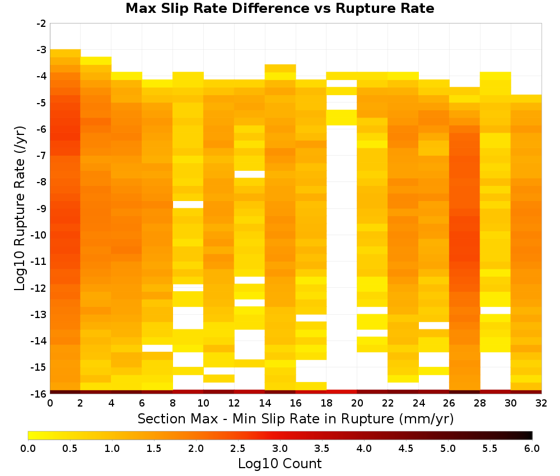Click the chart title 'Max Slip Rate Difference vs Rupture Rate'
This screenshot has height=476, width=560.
(279, 8)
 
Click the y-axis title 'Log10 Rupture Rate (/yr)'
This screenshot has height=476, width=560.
(20, 208)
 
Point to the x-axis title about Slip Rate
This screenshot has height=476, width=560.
(296, 418)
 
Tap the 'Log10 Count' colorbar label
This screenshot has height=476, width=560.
(279, 464)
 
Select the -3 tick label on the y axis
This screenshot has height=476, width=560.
(41, 50)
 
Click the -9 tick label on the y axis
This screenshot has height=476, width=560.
(41, 208)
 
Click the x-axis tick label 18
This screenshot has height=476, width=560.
(326, 403)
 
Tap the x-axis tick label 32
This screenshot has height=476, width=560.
(542, 403)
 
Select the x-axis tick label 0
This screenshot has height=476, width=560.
(50, 403)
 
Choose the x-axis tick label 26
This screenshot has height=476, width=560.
(449, 403)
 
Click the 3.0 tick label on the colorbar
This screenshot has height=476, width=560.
(280, 448)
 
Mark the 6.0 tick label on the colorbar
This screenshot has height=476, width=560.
(532, 448)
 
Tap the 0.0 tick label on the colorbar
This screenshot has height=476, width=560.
(28, 448)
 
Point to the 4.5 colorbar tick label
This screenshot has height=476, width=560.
(406, 448)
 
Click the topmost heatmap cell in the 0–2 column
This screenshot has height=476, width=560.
(66, 53)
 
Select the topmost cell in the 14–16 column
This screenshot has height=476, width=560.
(280, 68)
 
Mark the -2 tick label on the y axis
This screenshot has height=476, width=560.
(41, 24)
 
